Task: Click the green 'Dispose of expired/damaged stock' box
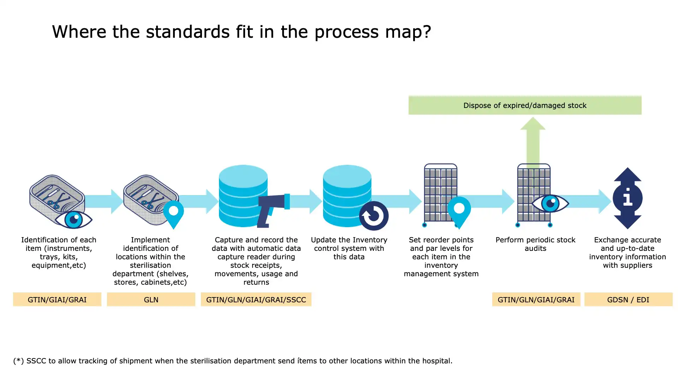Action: [525, 105]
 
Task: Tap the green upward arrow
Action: [533, 141]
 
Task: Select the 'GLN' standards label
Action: [151, 300]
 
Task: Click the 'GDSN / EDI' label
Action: [628, 300]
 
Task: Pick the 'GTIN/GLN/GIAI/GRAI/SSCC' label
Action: [256, 300]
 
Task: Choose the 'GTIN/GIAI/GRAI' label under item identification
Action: [57, 300]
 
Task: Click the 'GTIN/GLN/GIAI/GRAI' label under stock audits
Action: [536, 300]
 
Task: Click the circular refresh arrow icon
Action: [374, 216]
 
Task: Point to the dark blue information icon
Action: [628, 198]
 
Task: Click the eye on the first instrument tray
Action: [74, 219]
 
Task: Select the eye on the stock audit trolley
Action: [550, 203]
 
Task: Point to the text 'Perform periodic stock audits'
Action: [535, 244]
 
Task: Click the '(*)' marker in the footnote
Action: [18, 361]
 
